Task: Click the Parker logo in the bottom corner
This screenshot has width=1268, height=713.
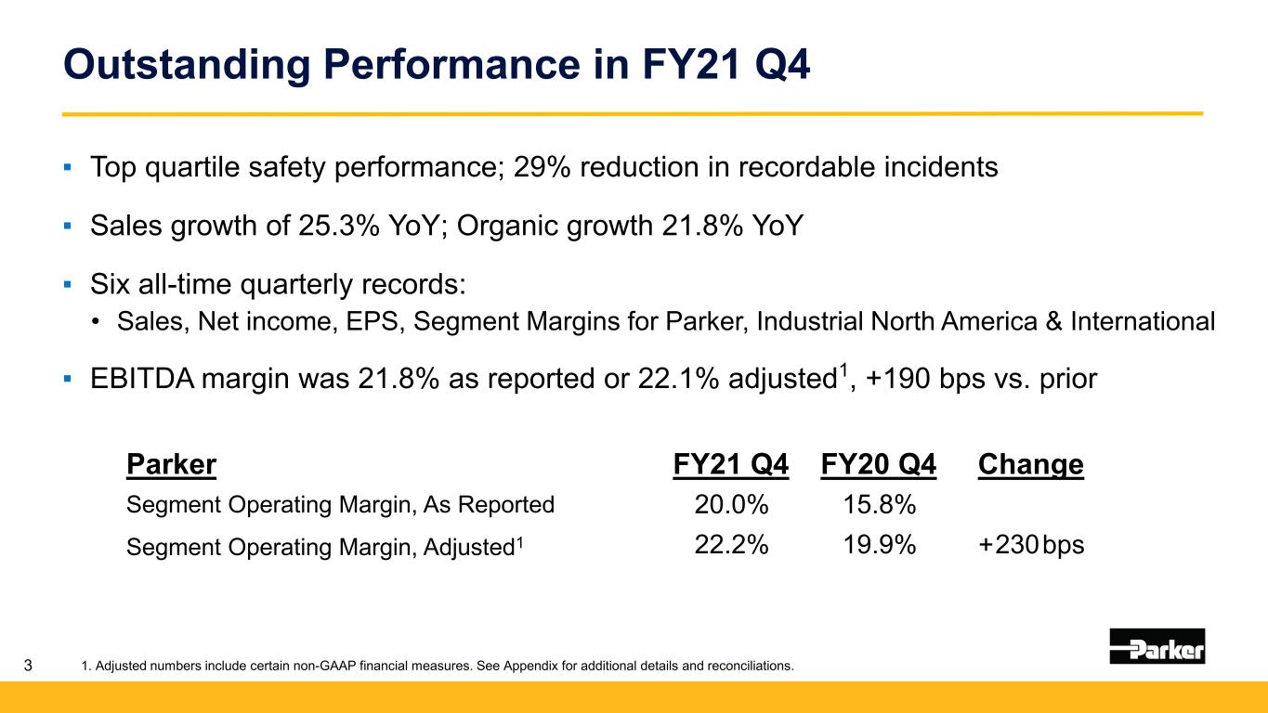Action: pos(1157,645)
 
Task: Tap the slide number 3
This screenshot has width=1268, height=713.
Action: pos(29,665)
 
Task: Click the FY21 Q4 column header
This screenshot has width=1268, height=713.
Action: pos(730,464)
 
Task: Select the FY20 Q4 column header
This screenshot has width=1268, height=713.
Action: pos(879,464)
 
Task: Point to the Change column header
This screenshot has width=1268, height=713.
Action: pos(1030,464)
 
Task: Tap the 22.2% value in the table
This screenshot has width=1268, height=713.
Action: pos(731,545)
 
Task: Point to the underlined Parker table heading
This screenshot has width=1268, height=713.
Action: pos(171,464)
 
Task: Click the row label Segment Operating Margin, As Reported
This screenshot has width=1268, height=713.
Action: pos(340,505)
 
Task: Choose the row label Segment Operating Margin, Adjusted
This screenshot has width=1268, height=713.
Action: pos(325,546)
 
